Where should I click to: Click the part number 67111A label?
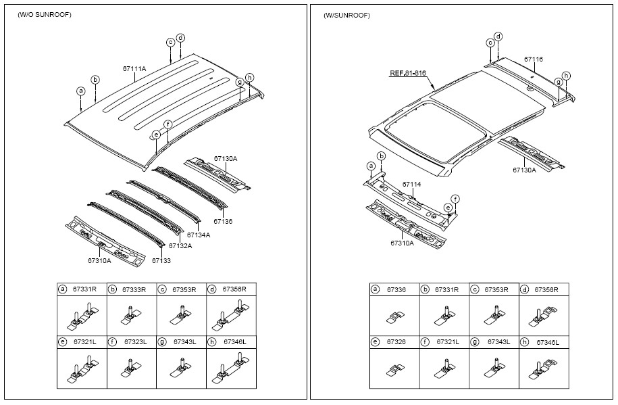[134, 69]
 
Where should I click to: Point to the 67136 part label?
[223, 221]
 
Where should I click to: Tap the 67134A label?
[199, 235]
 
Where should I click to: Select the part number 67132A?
[180, 246]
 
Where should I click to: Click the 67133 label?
[161, 260]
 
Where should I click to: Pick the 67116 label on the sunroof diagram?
[534, 59]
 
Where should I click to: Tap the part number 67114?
[411, 184]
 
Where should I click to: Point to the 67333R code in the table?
[134, 289]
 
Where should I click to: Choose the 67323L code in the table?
[134, 343]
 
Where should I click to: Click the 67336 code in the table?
[396, 289]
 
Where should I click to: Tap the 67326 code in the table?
[396, 343]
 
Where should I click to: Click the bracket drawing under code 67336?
[394, 315]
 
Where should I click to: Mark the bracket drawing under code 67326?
[394, 369]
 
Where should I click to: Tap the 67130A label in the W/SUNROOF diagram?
[523, 170]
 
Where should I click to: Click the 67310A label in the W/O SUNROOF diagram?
[99, 260]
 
